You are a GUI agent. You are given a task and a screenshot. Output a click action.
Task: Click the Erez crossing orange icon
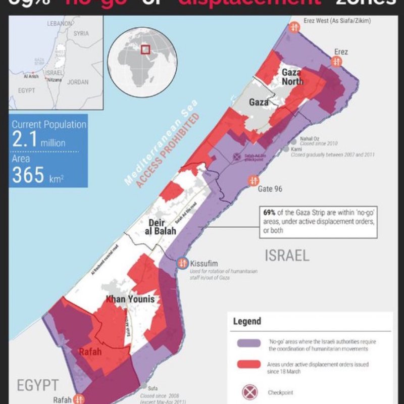click(x=335, y=61)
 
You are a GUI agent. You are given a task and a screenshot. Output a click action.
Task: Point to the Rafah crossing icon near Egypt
click(x=77, y=398)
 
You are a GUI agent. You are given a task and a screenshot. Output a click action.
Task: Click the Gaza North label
click(x=292, y=77)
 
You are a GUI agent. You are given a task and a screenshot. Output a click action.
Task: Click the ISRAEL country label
click(x=286, y=255)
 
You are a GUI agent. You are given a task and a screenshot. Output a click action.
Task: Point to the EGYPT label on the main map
click(x=38, y=385)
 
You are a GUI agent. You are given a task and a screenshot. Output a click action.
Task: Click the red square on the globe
click(x=145, y=49)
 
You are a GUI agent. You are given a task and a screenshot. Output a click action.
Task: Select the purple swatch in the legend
click(x=248, y=343)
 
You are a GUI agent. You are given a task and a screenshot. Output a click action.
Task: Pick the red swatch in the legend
click(x=248, y=366)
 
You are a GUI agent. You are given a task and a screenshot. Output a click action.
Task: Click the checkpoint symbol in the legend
click(x=248, y=391)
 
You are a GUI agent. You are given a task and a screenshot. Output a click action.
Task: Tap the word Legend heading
click(x=247, y=321)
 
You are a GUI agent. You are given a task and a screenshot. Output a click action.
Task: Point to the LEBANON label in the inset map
click(x=60, y=24)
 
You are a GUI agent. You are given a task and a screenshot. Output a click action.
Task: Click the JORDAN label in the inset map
click(x=77, y=82)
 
